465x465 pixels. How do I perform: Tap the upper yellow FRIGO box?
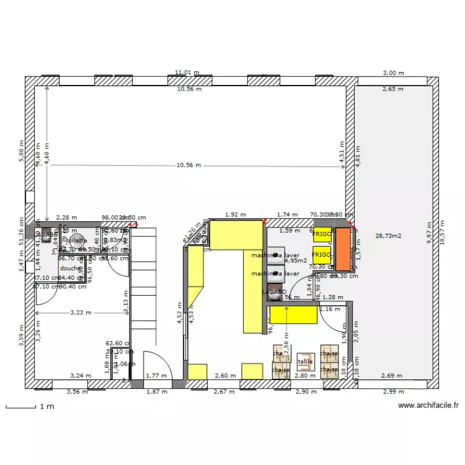pyautogui.click(x=322, y=235)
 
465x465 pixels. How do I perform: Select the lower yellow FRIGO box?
pyautogui.click(x=322, y=255)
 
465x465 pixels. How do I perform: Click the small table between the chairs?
pyautogui.click(x=306, y=361)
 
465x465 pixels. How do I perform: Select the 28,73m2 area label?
pyautogui.click(x=389, y=236)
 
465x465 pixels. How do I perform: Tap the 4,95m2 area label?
pyautogui.click(x=296, y=261)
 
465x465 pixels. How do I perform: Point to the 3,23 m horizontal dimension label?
pyautogui.click(x=81, y=313)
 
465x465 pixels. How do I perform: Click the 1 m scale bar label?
pyautogui.click(x=47, y=407)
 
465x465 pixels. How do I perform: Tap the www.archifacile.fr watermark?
pyautogui.click(x=428, y=406)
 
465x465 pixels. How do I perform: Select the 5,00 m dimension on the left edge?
pyautogui.click(x=21, y=155)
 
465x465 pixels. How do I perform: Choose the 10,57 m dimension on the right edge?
pyautogui.click(x=442, y=232)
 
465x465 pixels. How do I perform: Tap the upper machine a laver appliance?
pyautogui.click(x=275, y=255)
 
